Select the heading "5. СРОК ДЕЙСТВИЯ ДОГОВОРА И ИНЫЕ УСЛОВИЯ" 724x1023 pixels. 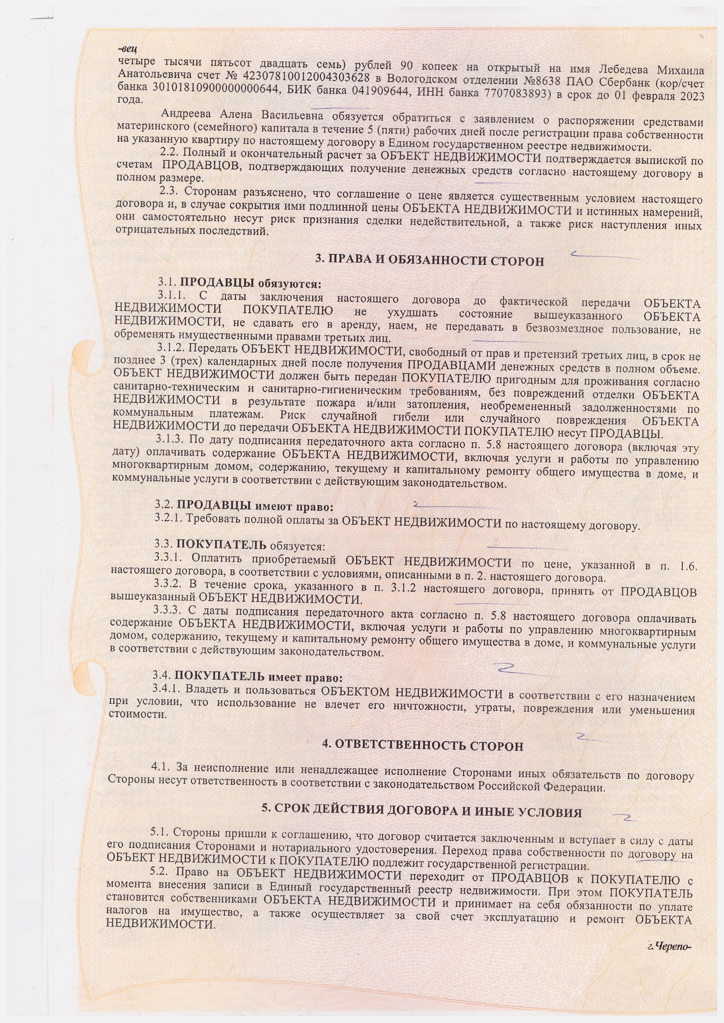[421, 811]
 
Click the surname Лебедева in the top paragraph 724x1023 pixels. [624, 70]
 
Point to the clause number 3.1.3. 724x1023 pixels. [170, 439]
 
